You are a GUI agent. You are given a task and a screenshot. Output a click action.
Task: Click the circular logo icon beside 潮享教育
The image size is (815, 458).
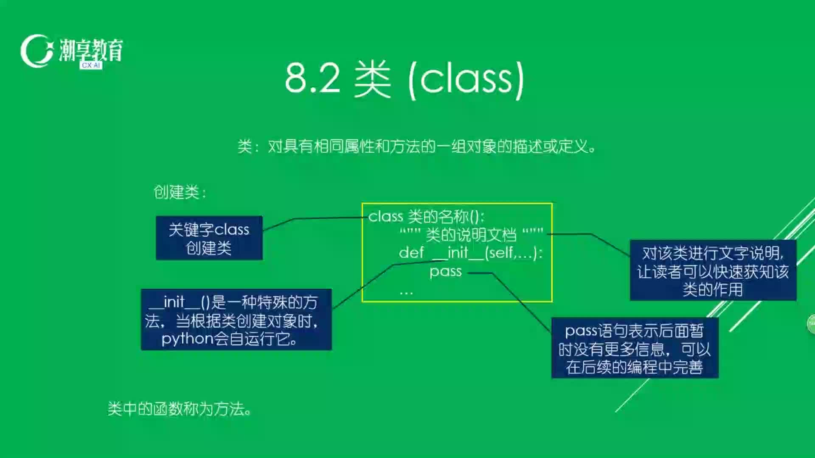point(37,51)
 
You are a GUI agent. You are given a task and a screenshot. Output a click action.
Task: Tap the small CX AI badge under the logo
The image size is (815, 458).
point(91,65)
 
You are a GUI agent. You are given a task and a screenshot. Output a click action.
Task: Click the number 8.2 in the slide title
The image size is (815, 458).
point(313,78)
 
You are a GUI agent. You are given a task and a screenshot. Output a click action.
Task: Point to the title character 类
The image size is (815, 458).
point(372,79)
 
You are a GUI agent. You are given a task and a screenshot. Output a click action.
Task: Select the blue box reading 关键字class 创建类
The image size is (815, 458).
point(209,238)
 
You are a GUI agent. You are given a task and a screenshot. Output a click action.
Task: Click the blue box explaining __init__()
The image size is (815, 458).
point(236,320)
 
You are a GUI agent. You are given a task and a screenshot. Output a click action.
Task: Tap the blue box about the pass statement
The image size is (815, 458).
point(635,348)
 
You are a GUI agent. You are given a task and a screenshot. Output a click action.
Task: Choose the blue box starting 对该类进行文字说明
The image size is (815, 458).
point(713,270)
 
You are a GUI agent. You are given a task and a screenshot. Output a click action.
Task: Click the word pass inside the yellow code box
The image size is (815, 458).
point(445,271)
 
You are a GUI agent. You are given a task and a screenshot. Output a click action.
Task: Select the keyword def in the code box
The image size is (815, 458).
point(411,253)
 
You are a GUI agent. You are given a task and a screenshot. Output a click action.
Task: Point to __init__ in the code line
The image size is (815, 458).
point(458,253)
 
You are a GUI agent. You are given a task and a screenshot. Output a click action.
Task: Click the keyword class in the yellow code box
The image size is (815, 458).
point(386,216)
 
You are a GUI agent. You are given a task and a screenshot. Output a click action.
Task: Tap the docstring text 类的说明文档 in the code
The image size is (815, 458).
point(471,235)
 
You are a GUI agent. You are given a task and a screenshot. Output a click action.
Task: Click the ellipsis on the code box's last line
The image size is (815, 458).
point(406,292)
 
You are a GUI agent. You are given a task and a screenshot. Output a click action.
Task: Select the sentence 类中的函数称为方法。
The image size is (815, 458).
point(180,409)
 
